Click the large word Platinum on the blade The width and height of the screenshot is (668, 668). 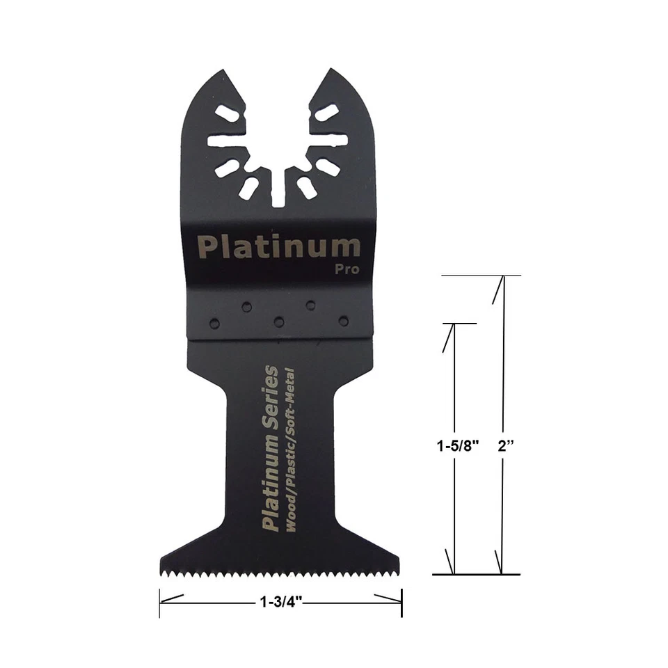click(279, 247)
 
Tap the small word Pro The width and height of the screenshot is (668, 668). click(347, 269)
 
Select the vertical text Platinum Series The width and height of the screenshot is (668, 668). click(270, 449)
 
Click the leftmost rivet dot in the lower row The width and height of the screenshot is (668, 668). click(214, 323)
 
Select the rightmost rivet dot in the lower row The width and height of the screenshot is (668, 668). click(343, 321)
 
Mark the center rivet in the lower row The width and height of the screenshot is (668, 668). click(279, 322)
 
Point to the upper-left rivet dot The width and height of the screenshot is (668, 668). click(246, 306)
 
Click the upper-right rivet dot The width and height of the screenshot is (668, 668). click(310, 305)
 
